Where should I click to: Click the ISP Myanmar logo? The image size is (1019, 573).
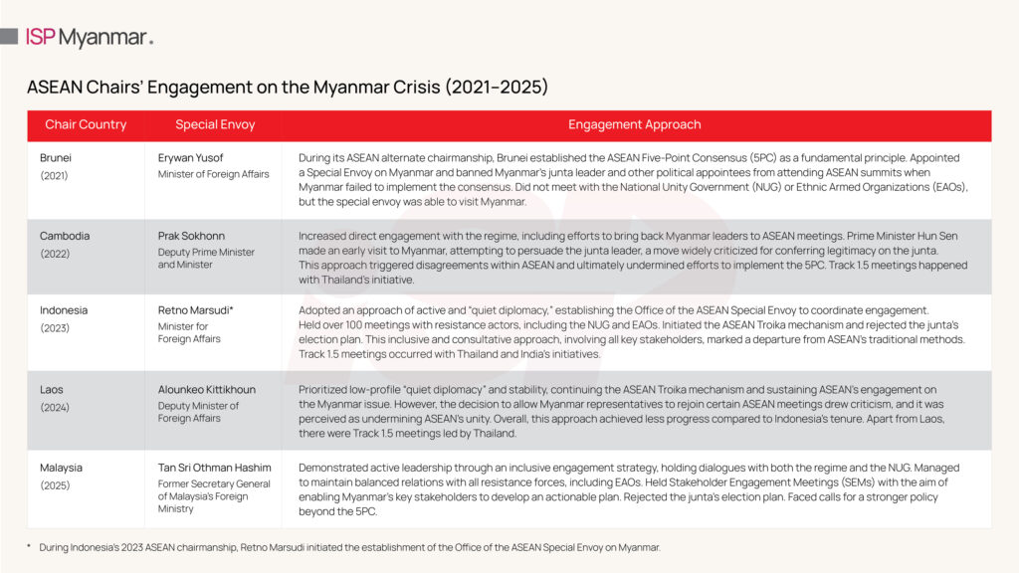[x=90, y=38]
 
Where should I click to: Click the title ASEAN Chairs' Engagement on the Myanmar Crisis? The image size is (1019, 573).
[x=288, y=88]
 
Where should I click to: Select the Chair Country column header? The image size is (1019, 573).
[x=86, y=125]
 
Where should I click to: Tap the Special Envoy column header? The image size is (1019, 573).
[x=215, y=125]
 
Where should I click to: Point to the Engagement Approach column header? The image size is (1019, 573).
[x=634, y=125]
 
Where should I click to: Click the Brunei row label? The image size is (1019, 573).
[x=57, y=157]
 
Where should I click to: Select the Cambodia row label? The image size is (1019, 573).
[x=65, y=236]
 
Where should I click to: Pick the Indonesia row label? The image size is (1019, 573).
[x=64, y=310]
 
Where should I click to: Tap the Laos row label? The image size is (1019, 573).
[x=54, y=389]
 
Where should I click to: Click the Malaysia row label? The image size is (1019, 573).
[x=62, y=468]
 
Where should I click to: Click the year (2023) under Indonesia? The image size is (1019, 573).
[x=56, y=327]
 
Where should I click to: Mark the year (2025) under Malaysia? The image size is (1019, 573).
[x=56, y=485]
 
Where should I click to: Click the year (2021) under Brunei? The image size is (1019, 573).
[x=55, y=175]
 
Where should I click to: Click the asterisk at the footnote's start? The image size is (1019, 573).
[x=30, y=546]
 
